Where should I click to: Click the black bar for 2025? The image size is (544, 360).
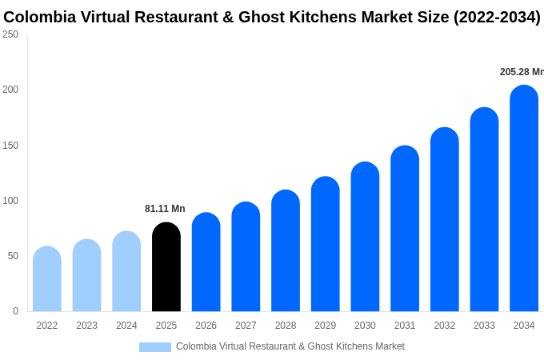click(x=166, y=267)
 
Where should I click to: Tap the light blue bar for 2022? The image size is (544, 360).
click(x=47, y=279)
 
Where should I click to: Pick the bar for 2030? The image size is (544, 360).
click(x=365, y=237)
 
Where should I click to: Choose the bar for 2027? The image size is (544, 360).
click(x=246, y=257)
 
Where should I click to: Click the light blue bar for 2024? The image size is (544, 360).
click(x=126, y=271)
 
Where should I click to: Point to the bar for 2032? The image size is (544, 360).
click(x=445, y=219)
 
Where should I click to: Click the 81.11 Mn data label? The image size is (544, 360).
click(x=165, y=209)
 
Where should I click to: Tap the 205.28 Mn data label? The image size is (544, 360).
click(x=522, y=72)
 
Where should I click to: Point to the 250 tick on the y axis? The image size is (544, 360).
click(x=10, y=34)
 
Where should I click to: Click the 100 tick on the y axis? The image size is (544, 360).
click(x=10, y=201)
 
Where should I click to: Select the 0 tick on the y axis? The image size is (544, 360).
click(x=15, y=311)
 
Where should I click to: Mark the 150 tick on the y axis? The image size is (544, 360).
click(x=10, y=146)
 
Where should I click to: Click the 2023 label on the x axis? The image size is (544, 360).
click(x=86, y=326)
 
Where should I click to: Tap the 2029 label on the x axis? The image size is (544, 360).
click(x=325, y=326)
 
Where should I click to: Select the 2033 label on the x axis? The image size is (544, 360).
click(x=484, y=326)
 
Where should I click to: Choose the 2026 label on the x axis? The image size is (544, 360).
click(x=206, y=326)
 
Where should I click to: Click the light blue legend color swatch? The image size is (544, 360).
click(x=155, y=347)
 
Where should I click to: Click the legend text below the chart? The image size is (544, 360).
click(x=290, y=346)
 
